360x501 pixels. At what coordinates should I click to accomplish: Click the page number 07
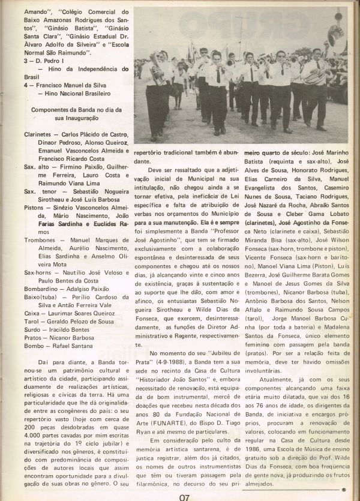(184, 496)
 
